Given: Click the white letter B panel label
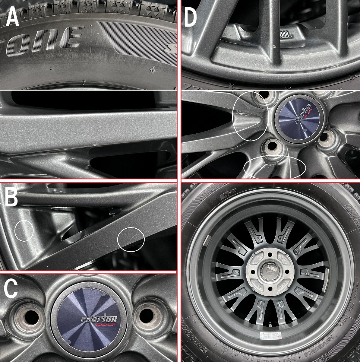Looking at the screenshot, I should coord(11,196).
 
